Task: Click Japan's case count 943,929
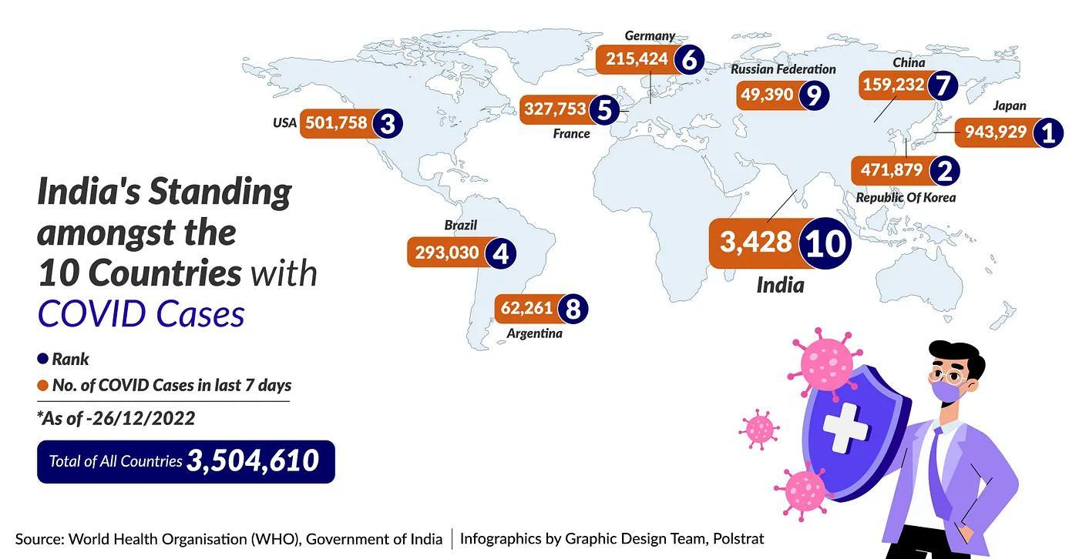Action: [995, 132]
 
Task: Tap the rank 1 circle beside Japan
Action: [1047, 133]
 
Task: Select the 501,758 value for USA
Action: [336, 122]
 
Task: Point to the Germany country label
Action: [650, 35]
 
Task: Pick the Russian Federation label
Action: [783, 69]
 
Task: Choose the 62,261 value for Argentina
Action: [526, 309]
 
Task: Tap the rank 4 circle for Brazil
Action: [501, 253]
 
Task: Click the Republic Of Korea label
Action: [906, 198]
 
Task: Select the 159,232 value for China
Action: [893, 85]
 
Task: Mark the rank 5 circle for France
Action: [605, 110]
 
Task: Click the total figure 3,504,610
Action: [253, 460]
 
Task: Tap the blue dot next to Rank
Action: [43, 359]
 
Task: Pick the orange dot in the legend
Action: [43, 385]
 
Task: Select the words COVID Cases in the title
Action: [141, 314]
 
